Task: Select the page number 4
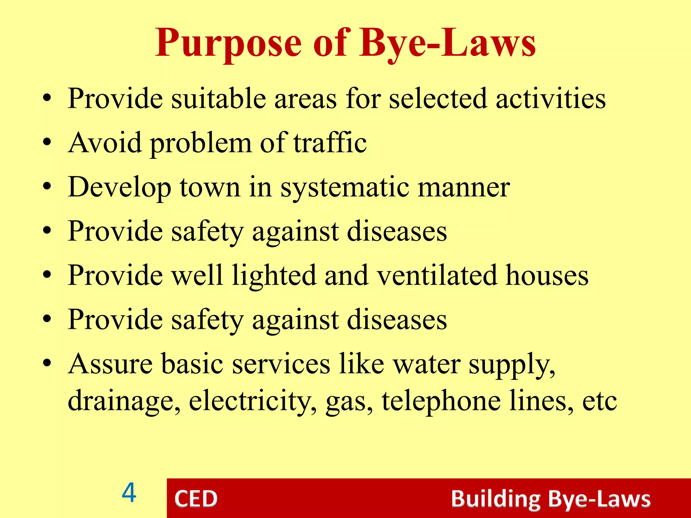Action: click(129, 493)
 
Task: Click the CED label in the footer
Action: click(196, 499)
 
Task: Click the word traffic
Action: click(330, 143)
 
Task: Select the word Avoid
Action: click(105, 143)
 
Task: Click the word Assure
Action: click(110, 364)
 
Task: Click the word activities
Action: click(551, 98)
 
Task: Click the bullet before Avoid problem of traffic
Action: click(47, 142)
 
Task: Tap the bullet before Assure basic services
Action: click(47, 363)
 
